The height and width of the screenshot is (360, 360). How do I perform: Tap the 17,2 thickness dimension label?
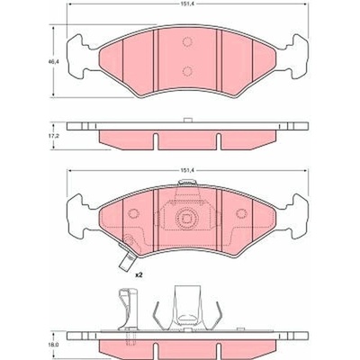pos(54,136)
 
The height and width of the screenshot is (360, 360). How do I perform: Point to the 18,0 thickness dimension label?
pos(54,346)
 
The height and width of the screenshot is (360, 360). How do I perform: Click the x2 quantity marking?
pos(139,274)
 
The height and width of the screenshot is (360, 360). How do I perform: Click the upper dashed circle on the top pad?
pos(187,42)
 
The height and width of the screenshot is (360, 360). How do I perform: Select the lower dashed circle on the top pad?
pos(187,71)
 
